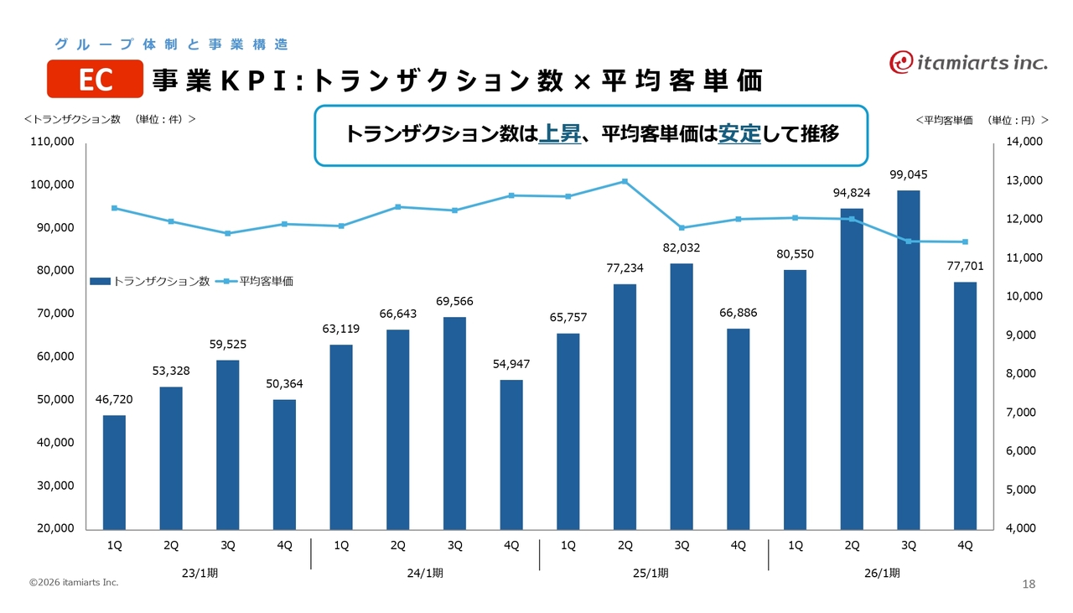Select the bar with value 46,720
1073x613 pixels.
click(114, 471)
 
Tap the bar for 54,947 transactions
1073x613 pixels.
click(511, 454)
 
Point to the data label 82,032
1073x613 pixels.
click(682, 248)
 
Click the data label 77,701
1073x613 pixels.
click(965, 267)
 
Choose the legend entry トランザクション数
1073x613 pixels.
click(150, 282)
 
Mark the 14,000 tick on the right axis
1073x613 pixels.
click(1024, 142)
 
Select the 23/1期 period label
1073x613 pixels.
click(199, 574)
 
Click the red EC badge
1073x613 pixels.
click(95, 79)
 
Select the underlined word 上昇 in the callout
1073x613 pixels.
click(559, 134)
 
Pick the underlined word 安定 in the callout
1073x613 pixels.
click(739, 134)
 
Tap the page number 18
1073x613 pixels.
click(1029, 584)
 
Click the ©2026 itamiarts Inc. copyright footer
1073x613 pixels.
click(74, 582)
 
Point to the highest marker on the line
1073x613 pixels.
click(625, 181)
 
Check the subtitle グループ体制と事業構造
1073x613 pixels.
click(171, 44)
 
